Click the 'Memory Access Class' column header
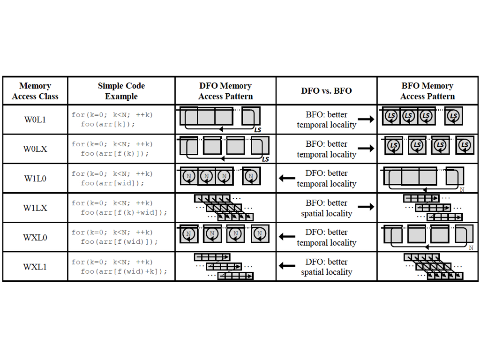pyautogui.click(x=35, y=91)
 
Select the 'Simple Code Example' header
pyautogui.click(x=121, y=91)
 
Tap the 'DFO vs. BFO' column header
pyautogui.click(x=326, y=91)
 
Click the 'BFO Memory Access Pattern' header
pyautogui.click(x=427, y=91)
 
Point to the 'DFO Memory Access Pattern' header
pyautogui.click(x=225, y=91)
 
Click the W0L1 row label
pyautogui.click(x=35, y=120)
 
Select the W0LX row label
pyautogui.click(x=35, y=149)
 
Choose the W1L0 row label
pyautogui.click(x=35, y=179)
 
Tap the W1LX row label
pyautogui.click(x=35, y=208)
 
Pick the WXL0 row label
pyautogui.click(x=35, y=237)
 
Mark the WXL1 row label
pyautogui.click(x=35, y=267)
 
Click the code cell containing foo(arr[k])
pyautogui.click(x=112, y=120)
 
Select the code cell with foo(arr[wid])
pyautogui.click(x=112, y=179)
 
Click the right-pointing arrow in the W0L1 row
pyautogui.click(x=366, y=120)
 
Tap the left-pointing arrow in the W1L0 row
pyautogui.click(x=287, y=178)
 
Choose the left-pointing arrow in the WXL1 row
pyautogui.click(x=287, y=266)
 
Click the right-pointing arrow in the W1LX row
pyautogui.click(x=366, y=207)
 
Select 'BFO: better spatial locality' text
pyautogui.click(x=326, y=208)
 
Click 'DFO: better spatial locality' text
pyautogui.click(x=326, y=267)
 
